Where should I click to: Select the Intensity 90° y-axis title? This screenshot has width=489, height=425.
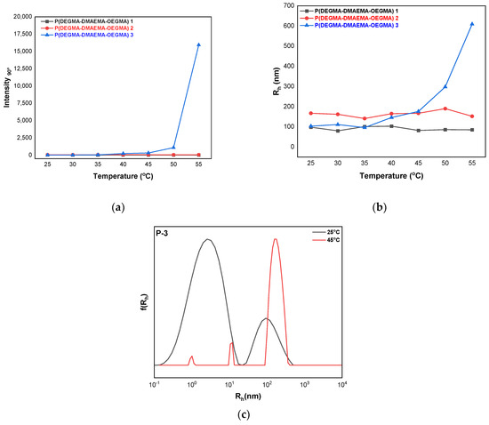pos(8,81)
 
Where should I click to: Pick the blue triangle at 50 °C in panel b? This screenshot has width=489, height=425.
pos(445,86)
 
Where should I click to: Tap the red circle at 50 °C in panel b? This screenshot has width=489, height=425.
pos(445,108)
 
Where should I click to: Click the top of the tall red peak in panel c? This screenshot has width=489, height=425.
pos(276,238)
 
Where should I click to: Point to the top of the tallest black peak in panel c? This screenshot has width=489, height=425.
pos(208,239)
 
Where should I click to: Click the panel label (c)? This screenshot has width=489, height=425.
pos(244,413)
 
